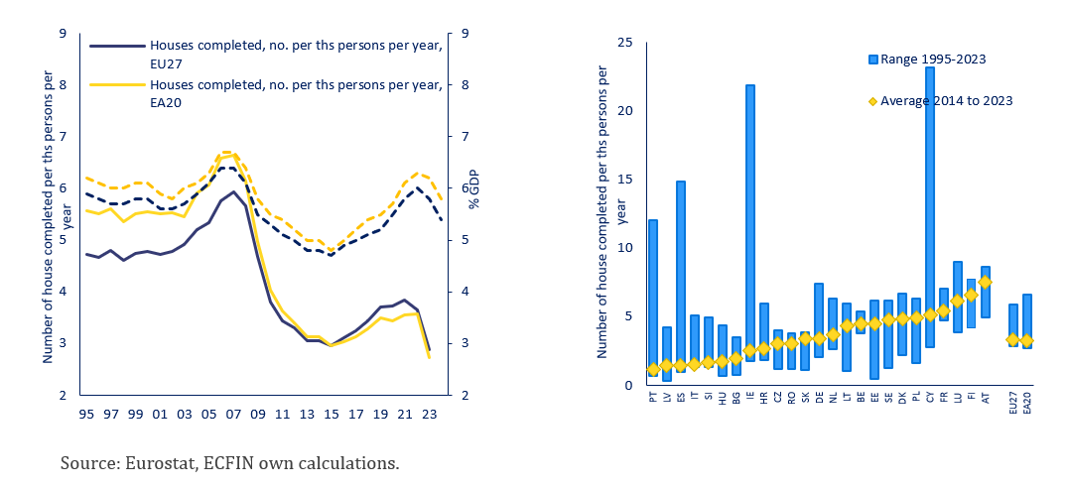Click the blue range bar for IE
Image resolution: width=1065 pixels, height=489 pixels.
(749, 223)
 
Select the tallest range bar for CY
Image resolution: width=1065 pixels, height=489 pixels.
(929, 207)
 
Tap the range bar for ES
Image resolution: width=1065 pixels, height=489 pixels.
(680, 277)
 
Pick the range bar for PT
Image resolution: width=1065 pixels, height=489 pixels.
(652, 298)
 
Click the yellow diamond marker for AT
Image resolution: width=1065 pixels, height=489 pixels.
(985, 282)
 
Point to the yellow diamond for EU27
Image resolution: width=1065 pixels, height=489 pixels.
(1012, 339)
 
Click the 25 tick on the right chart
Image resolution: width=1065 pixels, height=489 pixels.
(624, 43)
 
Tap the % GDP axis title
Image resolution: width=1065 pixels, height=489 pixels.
(474, 188)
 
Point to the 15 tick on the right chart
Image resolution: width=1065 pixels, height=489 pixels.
(624, 180)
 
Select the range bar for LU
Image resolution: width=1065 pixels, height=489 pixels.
(957, 297)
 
